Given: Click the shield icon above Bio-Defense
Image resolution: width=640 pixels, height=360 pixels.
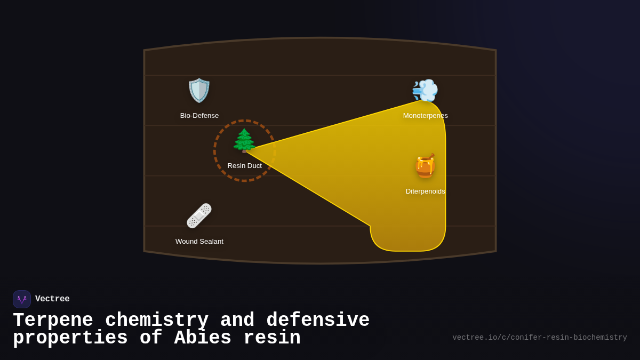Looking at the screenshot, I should (x=199, y=91).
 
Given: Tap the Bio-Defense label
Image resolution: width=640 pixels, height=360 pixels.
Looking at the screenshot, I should (x=199, y=116).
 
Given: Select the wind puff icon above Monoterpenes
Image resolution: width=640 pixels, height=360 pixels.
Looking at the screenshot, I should (x=425, y=91).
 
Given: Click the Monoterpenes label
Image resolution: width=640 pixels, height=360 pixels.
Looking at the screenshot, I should (x=425, y=116).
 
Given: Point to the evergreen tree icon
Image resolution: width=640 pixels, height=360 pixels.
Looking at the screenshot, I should (x=244, y=141).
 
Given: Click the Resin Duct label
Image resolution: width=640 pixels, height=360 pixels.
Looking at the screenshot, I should (x=244, y=166).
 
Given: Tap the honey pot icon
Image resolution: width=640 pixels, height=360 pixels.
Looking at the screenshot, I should (x=425, y=166).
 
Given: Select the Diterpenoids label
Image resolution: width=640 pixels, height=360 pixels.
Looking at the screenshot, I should (x=425, y=191).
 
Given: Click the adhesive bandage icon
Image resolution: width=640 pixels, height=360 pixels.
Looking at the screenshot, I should (x=199, y=216).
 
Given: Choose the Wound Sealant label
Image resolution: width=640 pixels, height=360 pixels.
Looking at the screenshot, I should (x=199, y=242).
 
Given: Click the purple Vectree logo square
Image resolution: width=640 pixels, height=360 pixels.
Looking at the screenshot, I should (x=22, y=299).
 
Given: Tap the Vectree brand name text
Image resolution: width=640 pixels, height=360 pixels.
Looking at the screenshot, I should (x=52, y=299).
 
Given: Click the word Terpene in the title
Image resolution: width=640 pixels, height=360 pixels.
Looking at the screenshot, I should (x=53, y=321).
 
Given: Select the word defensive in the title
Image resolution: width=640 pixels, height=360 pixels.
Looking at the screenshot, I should (x=318, y=321).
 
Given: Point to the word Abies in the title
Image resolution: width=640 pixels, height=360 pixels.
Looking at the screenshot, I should (x=203, y=338).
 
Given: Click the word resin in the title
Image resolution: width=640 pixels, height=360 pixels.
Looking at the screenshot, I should (x=272, y=338).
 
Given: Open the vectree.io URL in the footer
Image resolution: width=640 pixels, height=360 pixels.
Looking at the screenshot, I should (x=539, y=338).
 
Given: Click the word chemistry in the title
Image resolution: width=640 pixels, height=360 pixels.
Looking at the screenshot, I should (x=157, y=321).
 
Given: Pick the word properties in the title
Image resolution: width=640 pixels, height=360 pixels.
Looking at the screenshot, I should (x=70, y=338).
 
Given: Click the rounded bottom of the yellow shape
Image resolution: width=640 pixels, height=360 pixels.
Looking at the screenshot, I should (x=408, y=243).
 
